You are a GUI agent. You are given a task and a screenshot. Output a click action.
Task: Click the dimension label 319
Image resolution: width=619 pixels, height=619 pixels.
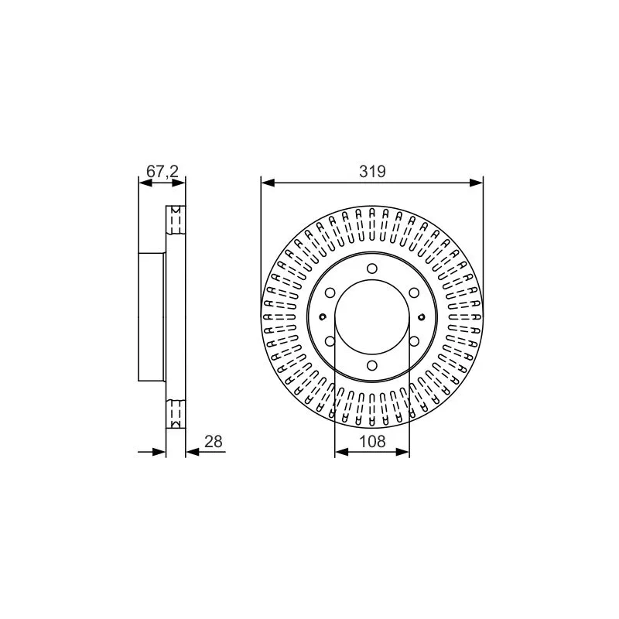point(372,172)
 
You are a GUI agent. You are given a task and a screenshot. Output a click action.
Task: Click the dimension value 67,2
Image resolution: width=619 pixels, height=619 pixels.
point(162,172)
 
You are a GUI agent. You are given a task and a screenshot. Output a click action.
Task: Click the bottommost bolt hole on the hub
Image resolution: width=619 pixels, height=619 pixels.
point(372,365)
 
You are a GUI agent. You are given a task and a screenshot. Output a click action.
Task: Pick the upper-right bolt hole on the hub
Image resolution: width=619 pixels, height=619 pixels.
point(413,292)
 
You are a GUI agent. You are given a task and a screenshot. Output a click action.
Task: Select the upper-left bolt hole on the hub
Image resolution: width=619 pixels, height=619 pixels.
point(330,292)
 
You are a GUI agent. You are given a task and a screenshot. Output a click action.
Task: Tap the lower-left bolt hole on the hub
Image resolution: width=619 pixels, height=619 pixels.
point(330,341)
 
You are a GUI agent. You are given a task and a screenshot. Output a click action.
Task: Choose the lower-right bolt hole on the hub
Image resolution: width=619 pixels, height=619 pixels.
point(413,341)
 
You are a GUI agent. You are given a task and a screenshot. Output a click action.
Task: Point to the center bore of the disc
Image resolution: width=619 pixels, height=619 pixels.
point(372,316)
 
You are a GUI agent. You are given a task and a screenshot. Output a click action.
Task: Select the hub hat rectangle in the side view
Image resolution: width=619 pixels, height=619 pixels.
point(152,316)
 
